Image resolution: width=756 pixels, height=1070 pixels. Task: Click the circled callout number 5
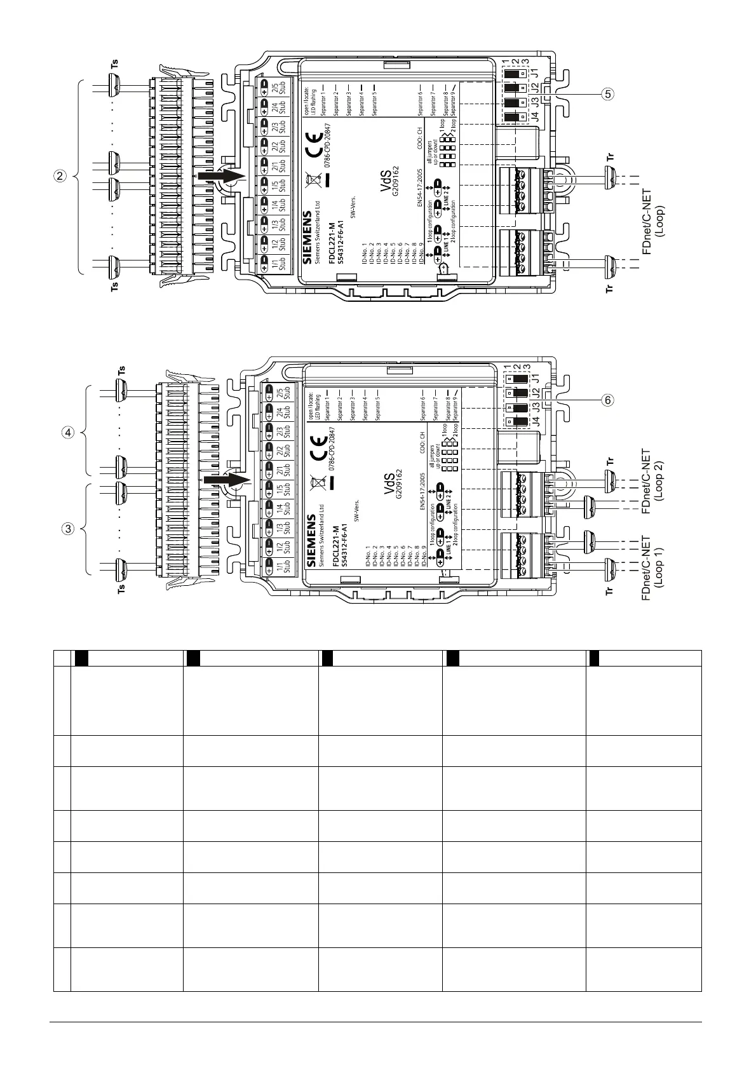tap(608, 95)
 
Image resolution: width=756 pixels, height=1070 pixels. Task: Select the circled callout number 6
tap(608, 400)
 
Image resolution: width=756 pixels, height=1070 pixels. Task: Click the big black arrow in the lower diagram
tap(227, 480)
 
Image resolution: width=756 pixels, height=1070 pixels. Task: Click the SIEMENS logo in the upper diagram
tap(308, 238)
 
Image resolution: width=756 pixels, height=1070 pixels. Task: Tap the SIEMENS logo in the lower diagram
tap(312, 540)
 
